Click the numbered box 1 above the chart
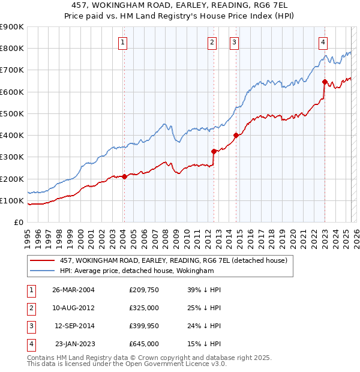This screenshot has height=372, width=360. (122, 42)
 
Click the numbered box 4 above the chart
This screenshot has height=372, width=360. (323, 42)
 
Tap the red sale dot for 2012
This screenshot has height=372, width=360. (214, 151)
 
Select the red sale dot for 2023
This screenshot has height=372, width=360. (325, 82)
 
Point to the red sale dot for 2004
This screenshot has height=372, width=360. (125, 176)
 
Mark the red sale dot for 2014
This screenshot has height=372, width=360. (236, 135)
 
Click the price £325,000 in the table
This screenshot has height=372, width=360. (144, 308)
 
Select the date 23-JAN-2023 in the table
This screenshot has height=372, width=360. (75, 344)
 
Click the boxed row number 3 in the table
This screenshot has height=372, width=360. (29, 326)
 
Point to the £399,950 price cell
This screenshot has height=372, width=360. (144, 326)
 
